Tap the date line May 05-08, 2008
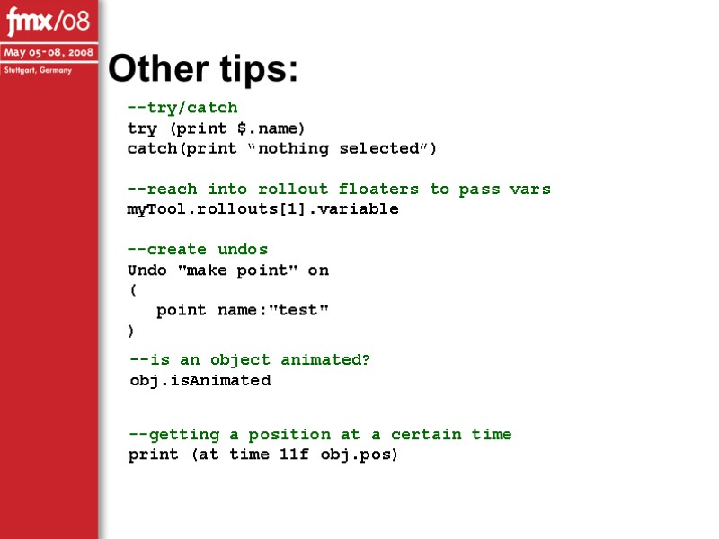49,52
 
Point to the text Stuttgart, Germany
38,69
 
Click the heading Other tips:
203,69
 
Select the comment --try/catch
182,108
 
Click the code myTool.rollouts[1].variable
262,209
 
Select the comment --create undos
198,249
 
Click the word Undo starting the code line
146,269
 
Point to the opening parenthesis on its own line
132,290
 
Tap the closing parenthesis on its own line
132,331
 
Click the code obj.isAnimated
200,380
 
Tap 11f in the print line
294,455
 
